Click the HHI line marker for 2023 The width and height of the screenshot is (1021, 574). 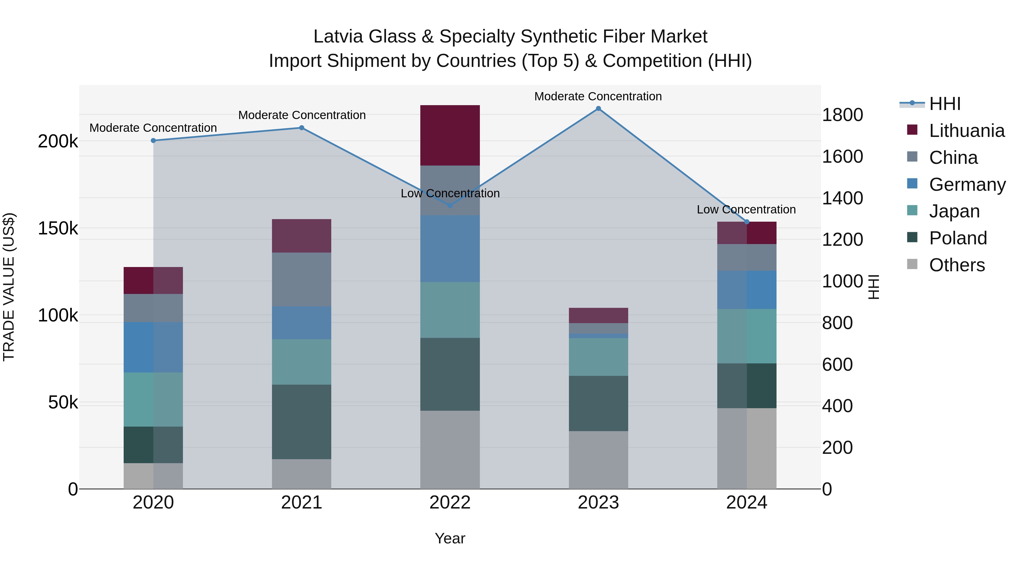click(598, 109)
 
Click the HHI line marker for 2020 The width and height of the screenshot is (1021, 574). click(153, 141)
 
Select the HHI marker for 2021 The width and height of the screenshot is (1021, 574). click(302, 128)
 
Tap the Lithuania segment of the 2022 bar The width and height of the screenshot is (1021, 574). click(450, 135)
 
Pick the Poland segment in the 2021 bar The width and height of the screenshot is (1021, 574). click(302, 422)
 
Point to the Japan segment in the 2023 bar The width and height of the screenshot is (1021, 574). click(598, 357)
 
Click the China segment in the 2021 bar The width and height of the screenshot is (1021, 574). click(302, 279)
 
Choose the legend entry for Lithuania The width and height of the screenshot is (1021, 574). click(966, 131)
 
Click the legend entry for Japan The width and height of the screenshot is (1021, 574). click(954, 211)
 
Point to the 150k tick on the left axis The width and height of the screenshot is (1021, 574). click(58, 228)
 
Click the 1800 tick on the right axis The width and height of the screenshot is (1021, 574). click(842, 115)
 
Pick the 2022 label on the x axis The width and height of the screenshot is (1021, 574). click(450, 503)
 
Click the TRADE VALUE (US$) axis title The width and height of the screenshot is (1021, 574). click(9, 287)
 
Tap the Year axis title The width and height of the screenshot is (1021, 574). click(450, 538)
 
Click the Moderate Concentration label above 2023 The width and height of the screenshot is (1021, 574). click(598, 96)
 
